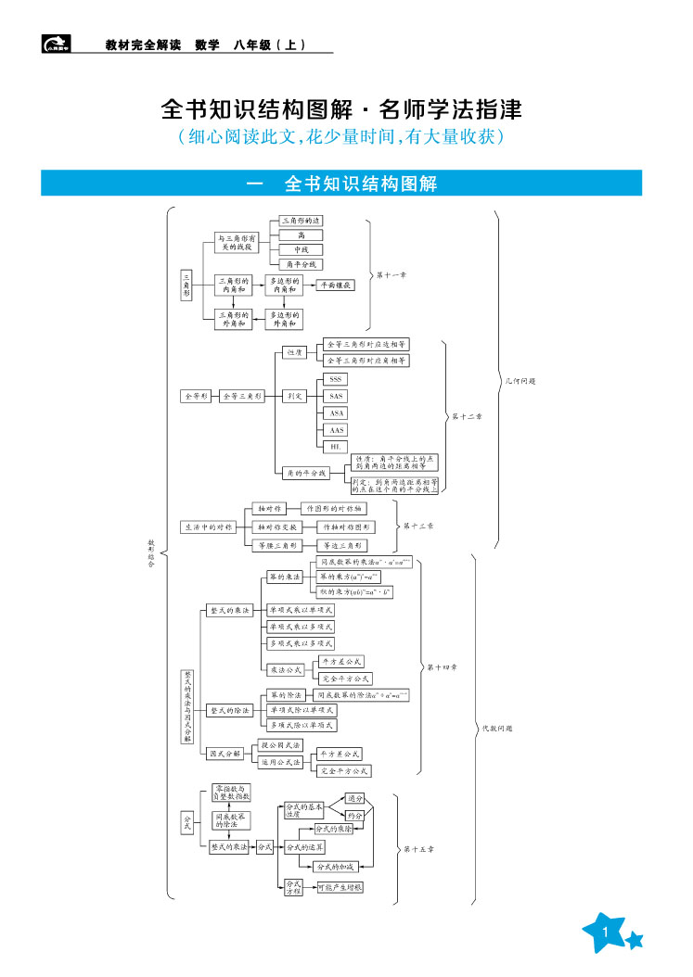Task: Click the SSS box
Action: coord(336,379)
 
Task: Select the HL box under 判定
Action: coord(336,447)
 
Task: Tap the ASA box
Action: coord(336,412)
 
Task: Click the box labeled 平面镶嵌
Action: coord(336,285)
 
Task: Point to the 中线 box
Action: coord(302,249)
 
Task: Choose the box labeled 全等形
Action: coord(196,396)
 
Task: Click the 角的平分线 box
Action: coord(306,473)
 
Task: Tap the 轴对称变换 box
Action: coord(277,527)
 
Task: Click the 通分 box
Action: coord(354,797)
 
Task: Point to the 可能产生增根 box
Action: coord(340,887)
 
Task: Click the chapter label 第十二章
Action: coord(467,416)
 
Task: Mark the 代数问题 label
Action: coord(496,729)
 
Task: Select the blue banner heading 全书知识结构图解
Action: coord(341,184)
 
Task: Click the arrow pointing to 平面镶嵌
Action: coord(310,285)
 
